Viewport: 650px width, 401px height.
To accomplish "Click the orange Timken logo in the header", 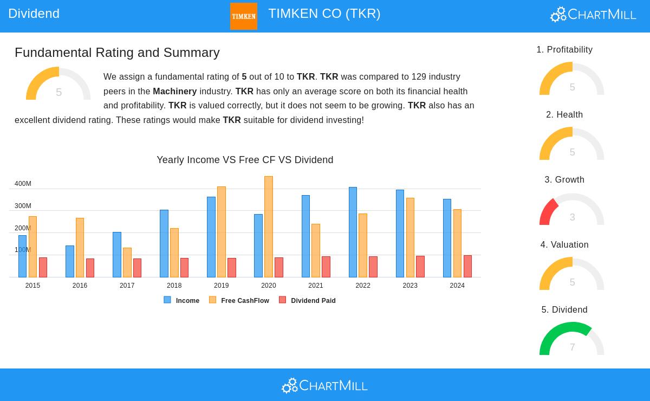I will (x=243, y=16).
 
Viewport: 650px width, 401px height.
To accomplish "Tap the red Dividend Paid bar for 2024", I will (x=467, y=266).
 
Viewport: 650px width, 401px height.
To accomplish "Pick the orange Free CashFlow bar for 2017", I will (x=127, y=262).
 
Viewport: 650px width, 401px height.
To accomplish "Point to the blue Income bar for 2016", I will (x=70, y=261).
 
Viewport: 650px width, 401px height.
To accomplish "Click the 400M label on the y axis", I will (x=23, y=184).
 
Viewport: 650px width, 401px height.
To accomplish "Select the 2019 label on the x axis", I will (x=221, y=286).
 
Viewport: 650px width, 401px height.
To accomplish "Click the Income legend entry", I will (x=182, y=300).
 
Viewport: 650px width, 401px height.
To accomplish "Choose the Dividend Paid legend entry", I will (x=308, y=300).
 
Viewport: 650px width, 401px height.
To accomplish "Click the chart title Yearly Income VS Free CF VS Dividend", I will (x=245, y=160).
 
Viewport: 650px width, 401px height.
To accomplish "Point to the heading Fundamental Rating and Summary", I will (x=117, y=53).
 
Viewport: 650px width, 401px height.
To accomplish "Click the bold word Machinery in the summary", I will (x=174, y=91).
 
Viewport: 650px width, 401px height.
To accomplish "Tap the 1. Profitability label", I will (x=564, y=50).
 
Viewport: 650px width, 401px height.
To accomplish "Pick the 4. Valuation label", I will (x=564, y=245).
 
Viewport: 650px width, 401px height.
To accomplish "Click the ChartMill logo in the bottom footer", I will (x=324, y=385).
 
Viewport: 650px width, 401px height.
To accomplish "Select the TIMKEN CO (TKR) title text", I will (x=324, y=14).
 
